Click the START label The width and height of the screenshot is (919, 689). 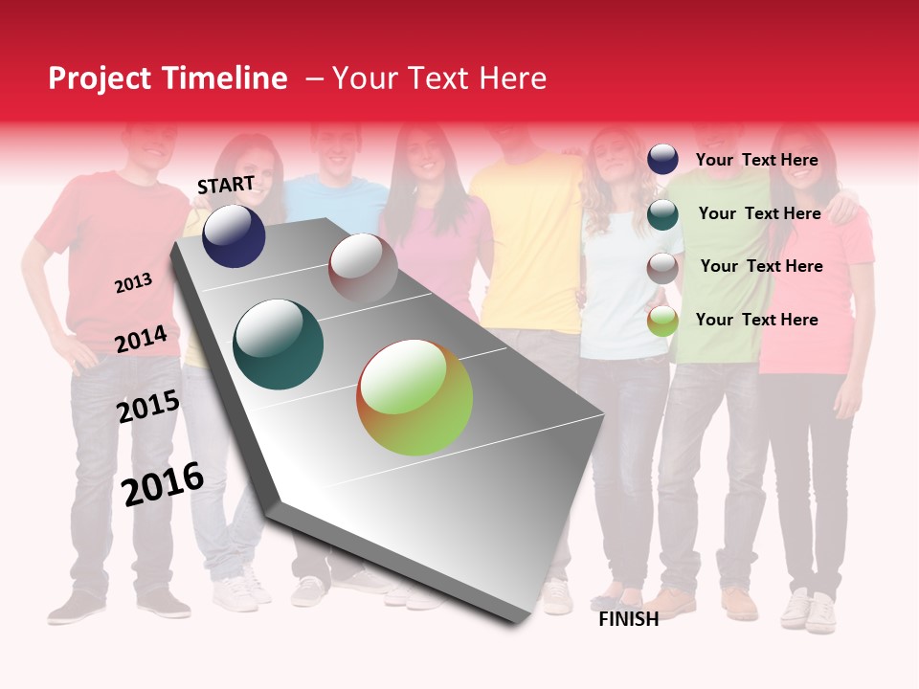[x=226, y=185]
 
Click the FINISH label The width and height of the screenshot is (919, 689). [x=628, y=619]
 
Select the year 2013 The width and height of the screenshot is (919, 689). [x=133, y=283]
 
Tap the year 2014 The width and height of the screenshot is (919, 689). [x=141, y=340]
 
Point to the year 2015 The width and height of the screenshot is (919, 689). [x=147, y=407]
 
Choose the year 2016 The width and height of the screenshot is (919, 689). [x=163, y=484]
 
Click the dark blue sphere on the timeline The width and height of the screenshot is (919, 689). [x=234, y=235]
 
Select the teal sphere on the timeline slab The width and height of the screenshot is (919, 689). [x=278, y=344]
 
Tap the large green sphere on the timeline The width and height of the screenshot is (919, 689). [x=415, y=397]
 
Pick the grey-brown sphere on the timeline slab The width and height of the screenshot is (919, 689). [x=363, y=268]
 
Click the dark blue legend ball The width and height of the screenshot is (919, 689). [x=662, y=159]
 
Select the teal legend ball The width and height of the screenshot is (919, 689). [x=662, y=214]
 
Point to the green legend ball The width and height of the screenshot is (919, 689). [x=662, y=322]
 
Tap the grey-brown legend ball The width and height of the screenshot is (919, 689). [x=662, y=268]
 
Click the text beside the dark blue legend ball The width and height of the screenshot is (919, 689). [x=756, y=160]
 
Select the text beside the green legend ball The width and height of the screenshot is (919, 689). [x=756, y=320]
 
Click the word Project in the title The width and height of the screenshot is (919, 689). [x=100, y=78]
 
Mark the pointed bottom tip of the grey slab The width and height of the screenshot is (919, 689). [x=517, y=621]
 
